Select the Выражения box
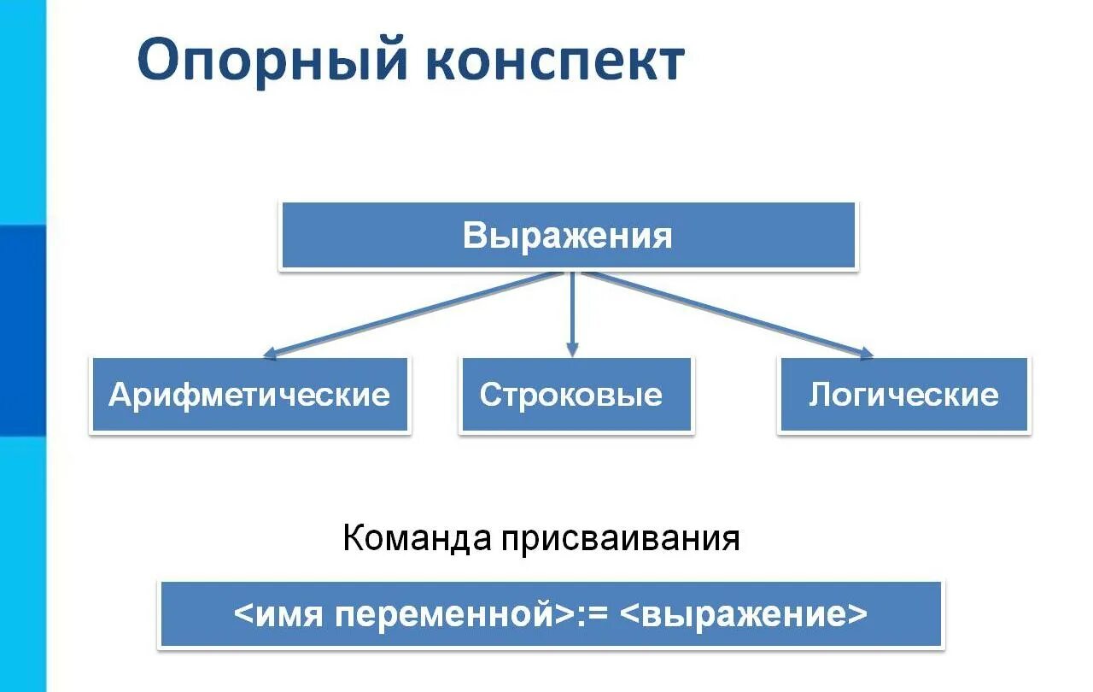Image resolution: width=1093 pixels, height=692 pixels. coord(568,236)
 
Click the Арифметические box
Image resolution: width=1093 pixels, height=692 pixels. coord(249,395)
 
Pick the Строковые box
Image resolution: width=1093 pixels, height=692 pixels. coord(576,395)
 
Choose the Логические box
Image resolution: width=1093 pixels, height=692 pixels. coord(903,395)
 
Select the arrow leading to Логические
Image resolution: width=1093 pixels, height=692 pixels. coord(726,313)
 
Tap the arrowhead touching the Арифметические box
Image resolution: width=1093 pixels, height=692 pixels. coord(268,353)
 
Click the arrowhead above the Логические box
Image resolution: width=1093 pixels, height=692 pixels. coord(867,352)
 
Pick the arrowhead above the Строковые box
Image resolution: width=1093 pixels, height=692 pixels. coord(572,349)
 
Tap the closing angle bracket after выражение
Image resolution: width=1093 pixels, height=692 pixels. coord(858,615)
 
